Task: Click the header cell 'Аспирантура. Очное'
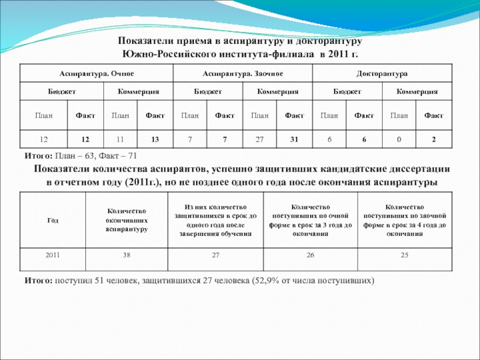pos(96,73)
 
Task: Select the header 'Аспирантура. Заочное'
pos(242,73)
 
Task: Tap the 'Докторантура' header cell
pos(382,73)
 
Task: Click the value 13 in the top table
pos(155,139)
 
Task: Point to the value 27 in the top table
pos(260,139)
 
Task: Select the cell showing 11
pos(120,139)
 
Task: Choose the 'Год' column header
pos(53,220)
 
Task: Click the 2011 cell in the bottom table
pos(53,255)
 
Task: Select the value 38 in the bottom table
pos(127,255)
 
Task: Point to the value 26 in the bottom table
pos(310,255)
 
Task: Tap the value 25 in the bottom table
pos(405,255)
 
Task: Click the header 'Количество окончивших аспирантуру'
pos(127,220)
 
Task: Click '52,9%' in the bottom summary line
pos(264,280)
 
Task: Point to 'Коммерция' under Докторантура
pos(416,92)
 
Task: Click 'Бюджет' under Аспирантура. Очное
pos(62,92)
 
